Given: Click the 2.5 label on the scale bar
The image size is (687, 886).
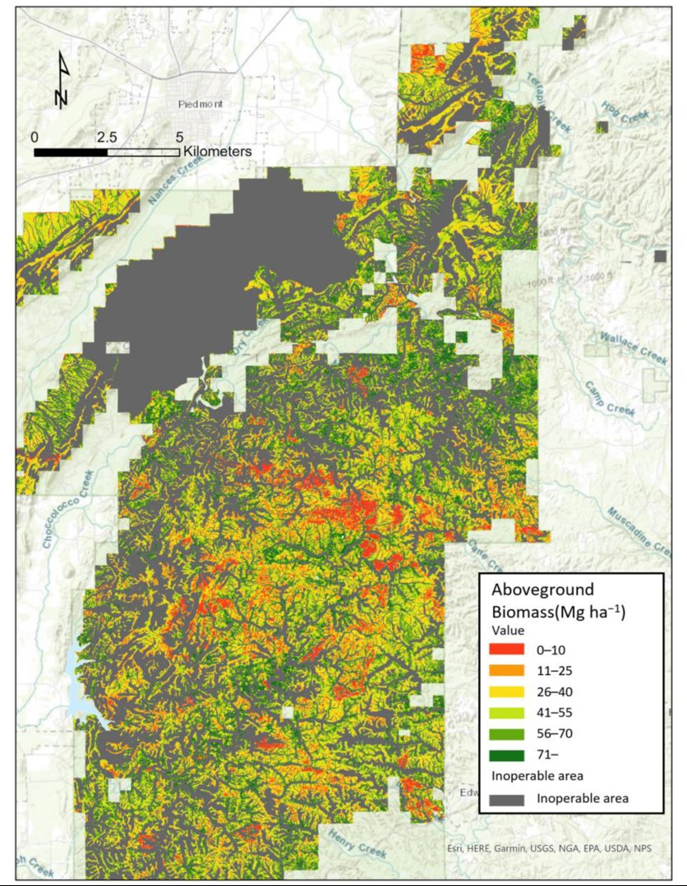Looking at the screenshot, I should coord(107,136).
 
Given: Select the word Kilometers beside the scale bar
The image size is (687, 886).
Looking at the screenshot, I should coord(218,152).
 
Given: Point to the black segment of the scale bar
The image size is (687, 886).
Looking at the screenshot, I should coord(71,152).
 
